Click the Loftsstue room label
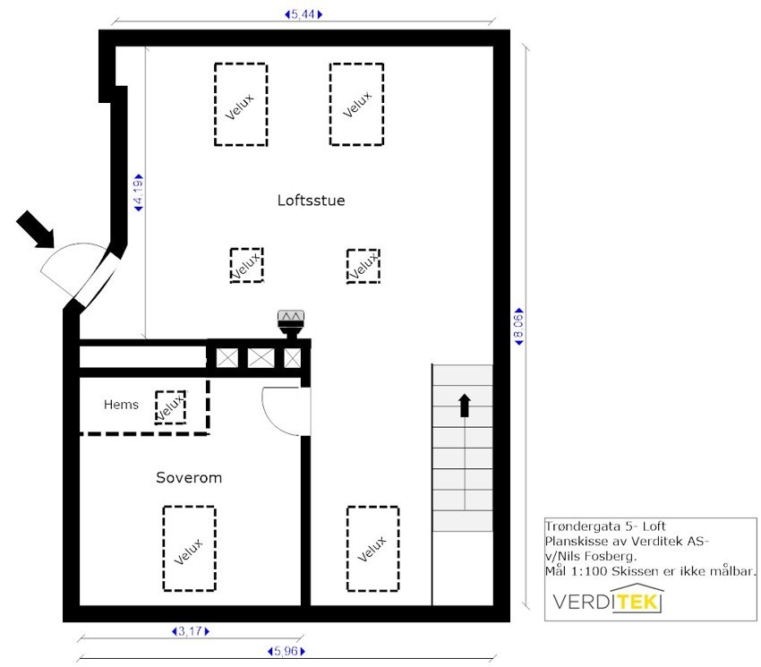(x=311, y=201)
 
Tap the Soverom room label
(x=189, y=478)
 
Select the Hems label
(x=121, y=405)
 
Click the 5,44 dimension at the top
(x=303, y=14)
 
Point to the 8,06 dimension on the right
(x=518, y=329)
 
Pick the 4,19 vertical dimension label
(x=139, y=192)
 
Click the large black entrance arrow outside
(x=36, y=228)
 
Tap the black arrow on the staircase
(x=464, y=406)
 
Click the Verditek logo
(x=608, y=600)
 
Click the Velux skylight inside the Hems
(x=170, y=406)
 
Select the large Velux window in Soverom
(x=189, y=548)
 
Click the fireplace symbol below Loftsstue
(x=292, y=323)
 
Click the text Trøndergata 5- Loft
(x=604, y=526)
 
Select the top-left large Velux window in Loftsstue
(x=240, y=104)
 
